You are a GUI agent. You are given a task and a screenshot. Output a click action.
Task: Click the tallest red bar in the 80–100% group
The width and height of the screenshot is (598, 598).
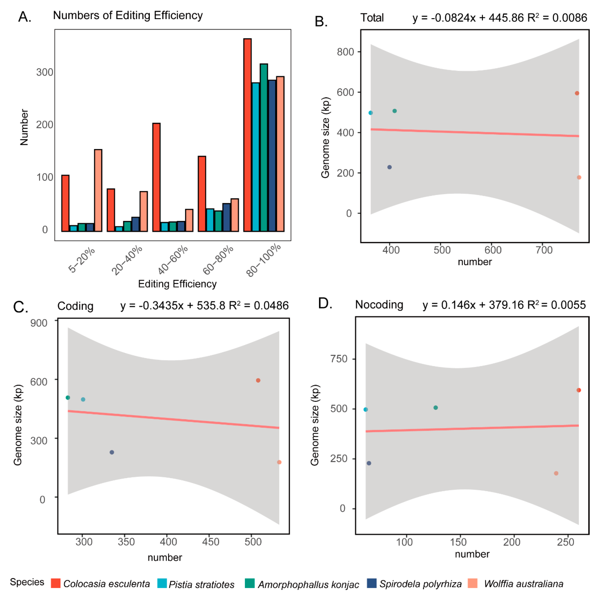[247, 135]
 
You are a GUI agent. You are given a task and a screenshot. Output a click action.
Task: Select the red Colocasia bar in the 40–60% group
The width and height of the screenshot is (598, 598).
[156, 177]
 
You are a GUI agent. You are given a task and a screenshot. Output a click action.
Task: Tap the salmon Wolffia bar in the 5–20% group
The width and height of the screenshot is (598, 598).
[98, 190]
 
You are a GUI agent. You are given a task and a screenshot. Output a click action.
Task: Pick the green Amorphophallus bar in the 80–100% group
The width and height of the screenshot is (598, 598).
[264, 147]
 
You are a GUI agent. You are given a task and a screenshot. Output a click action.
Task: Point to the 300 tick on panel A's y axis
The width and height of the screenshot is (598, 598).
[45, 72]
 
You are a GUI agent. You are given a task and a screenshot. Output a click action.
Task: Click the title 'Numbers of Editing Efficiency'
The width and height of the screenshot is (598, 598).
[128, 15]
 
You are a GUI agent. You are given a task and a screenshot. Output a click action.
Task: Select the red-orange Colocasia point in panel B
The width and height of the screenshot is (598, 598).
[577, 93]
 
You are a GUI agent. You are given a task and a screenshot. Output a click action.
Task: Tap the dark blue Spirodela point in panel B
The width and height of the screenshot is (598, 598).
[389, 167]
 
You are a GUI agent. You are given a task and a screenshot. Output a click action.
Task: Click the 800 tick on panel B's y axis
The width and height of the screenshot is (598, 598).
[345, 52]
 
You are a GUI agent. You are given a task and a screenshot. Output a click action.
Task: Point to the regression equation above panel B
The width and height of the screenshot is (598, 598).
[500, 18]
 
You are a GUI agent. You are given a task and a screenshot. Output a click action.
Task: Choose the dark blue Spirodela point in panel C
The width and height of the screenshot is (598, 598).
[112, 452]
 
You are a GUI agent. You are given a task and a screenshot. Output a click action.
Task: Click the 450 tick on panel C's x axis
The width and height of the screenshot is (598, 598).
[210, 542]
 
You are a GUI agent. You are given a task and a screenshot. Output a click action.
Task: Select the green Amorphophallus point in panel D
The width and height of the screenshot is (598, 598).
[435, 408]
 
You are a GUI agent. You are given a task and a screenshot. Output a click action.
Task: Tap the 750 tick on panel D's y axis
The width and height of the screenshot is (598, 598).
[339, 359]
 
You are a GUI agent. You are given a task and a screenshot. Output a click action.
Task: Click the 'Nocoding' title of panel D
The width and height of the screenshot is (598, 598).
[379, 305]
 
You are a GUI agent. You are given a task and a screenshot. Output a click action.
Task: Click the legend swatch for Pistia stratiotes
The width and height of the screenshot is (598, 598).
[162, 583]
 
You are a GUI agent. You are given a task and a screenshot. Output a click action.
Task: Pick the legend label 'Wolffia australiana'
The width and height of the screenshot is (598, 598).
[523, 584]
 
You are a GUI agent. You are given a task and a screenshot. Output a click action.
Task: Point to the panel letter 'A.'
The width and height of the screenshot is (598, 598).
[25, 17]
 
